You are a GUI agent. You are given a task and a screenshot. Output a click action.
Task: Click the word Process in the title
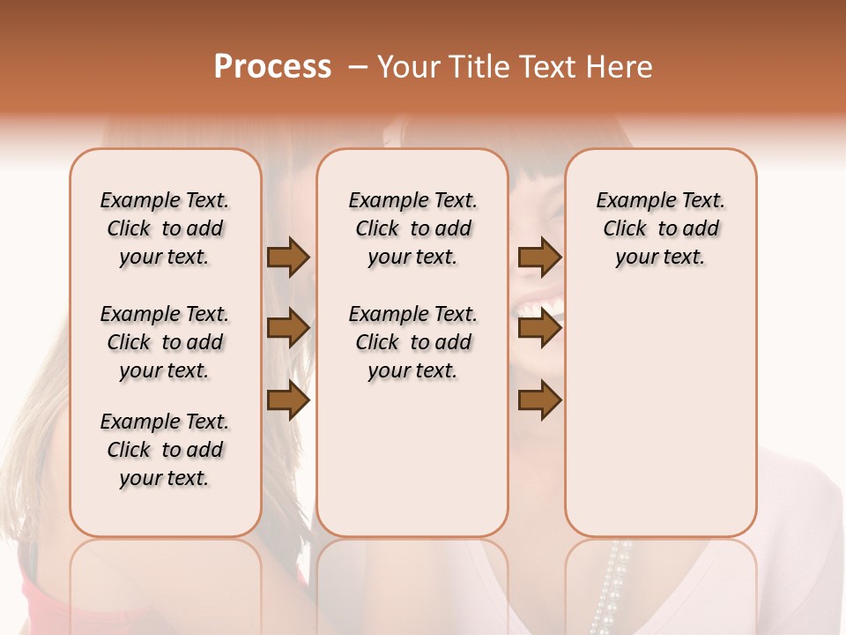pos(272,67)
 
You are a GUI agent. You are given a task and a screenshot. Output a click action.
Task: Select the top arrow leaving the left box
pos(288,258)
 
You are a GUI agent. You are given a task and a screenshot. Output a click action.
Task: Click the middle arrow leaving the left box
pos(288,328)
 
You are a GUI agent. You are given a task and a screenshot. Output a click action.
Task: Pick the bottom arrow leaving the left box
pos(288,401)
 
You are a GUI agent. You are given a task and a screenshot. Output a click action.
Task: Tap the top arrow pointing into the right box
pos(539,258)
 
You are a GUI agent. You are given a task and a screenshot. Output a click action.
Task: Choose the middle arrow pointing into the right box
pos(539,328)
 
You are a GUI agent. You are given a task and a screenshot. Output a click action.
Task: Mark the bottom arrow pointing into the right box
pos(539,401)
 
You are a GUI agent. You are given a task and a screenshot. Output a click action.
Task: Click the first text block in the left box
pos(165,228)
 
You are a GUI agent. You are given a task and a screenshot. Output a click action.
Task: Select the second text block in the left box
pos(165,342)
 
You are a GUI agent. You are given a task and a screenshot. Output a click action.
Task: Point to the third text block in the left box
pos(165,450)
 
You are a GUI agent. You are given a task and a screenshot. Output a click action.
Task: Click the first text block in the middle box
pos(412,228)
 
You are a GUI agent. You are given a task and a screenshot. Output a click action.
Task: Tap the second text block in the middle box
pos(412,342)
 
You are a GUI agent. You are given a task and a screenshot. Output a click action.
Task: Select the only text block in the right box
pos(660,228)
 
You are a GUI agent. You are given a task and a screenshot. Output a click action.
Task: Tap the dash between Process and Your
pos(358,67)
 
